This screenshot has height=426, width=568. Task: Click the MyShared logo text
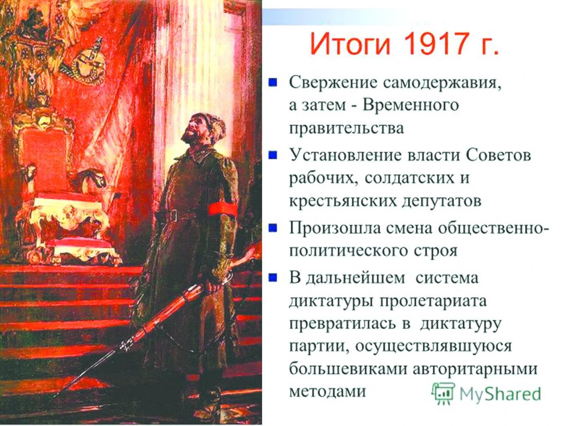click(x=500, y=393)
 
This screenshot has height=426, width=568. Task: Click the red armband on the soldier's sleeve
click(x=223, y=210)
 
